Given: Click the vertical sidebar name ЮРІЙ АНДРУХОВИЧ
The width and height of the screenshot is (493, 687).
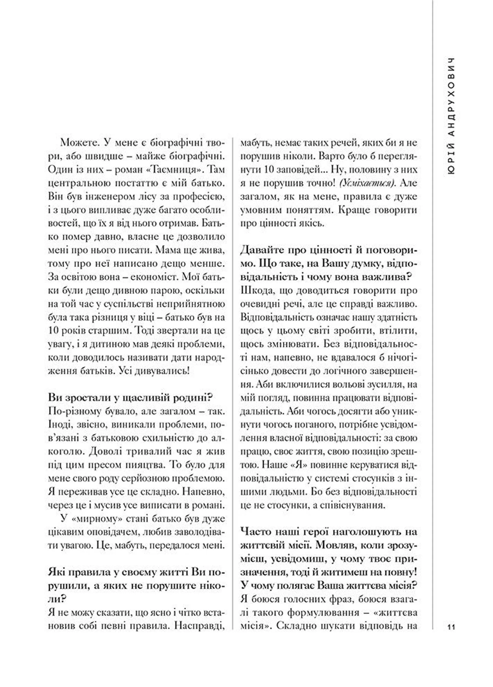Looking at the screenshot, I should tap(451, 115).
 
